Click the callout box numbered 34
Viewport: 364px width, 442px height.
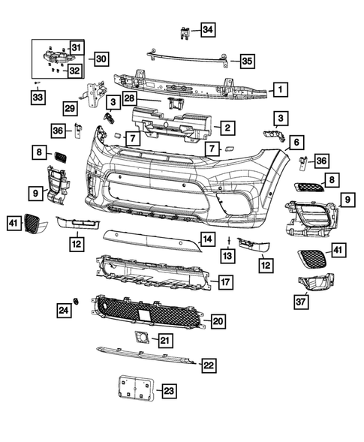point(207,30)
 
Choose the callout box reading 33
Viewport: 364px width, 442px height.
point(37,96)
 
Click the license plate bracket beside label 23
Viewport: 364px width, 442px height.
point(136,390)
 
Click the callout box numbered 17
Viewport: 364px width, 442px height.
point(224,283)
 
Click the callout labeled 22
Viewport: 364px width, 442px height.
point(209,365)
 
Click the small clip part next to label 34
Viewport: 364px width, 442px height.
point(184,31)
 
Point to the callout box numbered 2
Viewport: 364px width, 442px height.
point(224,128)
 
